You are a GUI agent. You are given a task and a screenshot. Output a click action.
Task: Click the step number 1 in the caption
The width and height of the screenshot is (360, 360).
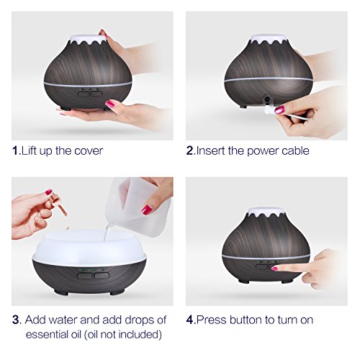(x=15, y=150)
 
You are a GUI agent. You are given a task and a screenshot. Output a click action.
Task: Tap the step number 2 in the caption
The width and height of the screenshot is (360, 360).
(x=189, y=150)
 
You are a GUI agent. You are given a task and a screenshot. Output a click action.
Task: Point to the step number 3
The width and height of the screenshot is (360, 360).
(x=16, y=320)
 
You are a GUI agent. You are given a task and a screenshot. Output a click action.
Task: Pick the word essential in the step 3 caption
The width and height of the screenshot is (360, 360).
(x=53, y=334)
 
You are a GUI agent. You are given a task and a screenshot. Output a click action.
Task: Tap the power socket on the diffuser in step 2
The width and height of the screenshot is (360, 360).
(x=266, y=99)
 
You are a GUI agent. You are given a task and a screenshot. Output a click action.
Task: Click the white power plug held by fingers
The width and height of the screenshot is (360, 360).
(x=268, y=110)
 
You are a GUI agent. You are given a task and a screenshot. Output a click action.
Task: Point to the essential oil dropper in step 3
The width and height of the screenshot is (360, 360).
(x=60, y=206)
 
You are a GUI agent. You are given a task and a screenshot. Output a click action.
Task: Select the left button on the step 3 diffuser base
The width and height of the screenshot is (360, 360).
(x=84, y=276)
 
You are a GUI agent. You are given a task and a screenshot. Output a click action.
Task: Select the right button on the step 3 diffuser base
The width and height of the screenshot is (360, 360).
(x=102, y=275)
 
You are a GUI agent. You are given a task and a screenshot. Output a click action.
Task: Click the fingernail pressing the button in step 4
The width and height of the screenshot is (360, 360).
(x=274, y=269)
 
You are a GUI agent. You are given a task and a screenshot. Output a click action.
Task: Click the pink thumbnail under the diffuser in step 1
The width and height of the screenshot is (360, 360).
(x=110, y=104)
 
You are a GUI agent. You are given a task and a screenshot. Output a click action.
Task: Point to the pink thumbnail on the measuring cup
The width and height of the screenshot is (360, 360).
(x=147, y=210)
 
